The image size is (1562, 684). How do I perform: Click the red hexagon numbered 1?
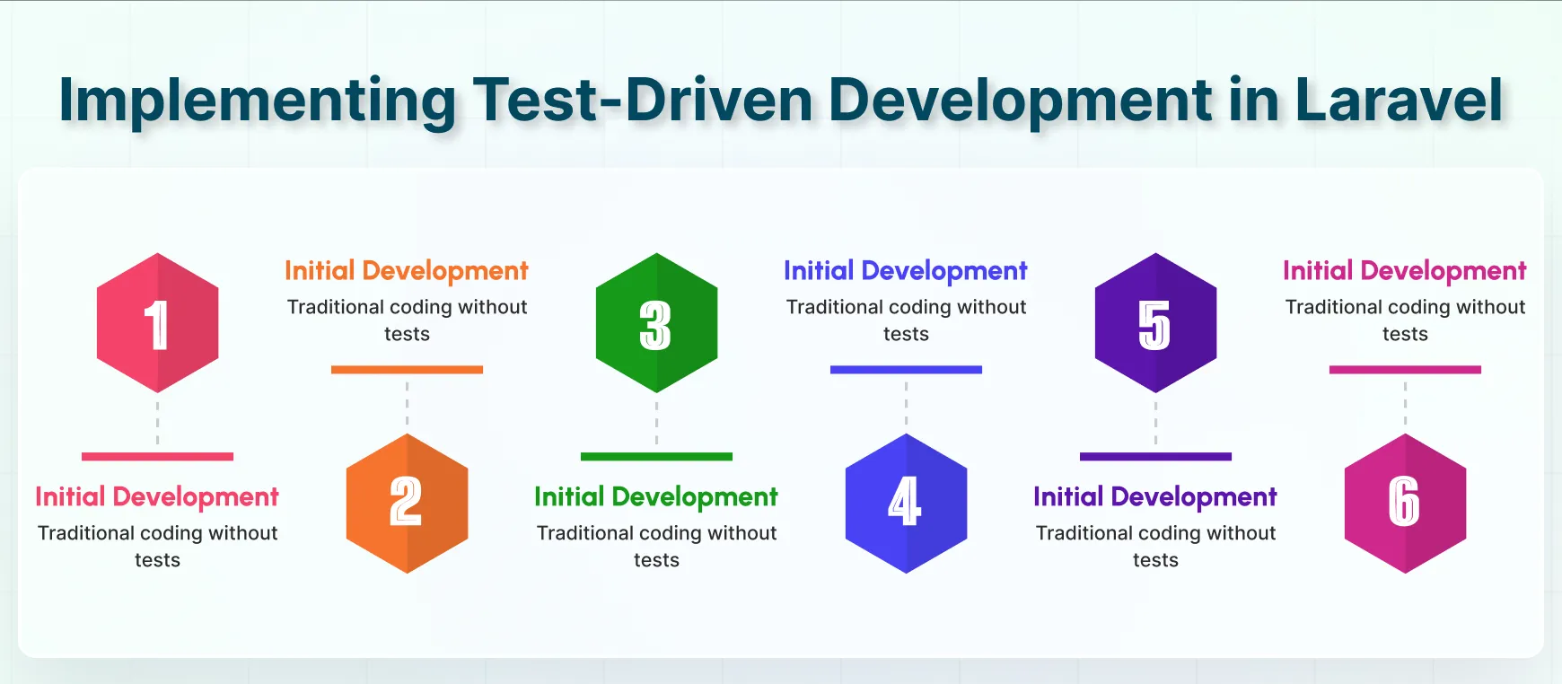[158, 322]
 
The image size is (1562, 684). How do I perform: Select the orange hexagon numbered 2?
[408, 504]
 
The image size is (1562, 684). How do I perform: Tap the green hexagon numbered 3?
[657, 322]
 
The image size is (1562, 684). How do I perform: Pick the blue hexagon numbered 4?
[907, 504]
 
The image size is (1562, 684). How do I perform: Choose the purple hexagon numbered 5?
[1156, 322]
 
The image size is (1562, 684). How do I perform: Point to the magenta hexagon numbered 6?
[1406, 504]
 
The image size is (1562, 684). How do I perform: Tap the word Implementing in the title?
[258, 101]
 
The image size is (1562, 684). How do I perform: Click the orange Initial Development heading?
[407, 271]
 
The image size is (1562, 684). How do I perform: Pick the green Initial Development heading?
[656, 497]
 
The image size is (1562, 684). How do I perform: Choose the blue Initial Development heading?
[906, 271]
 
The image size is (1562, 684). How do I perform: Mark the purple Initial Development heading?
[1155, 497]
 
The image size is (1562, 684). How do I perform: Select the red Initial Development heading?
[157, 497]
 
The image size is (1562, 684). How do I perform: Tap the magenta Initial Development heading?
[1405, 271]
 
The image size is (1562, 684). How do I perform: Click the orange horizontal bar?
[408, 370]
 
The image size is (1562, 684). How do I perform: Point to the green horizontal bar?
[657, 457]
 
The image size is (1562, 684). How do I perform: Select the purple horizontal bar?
[1156, 457]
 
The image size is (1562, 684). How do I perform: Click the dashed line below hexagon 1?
[158, 423]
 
